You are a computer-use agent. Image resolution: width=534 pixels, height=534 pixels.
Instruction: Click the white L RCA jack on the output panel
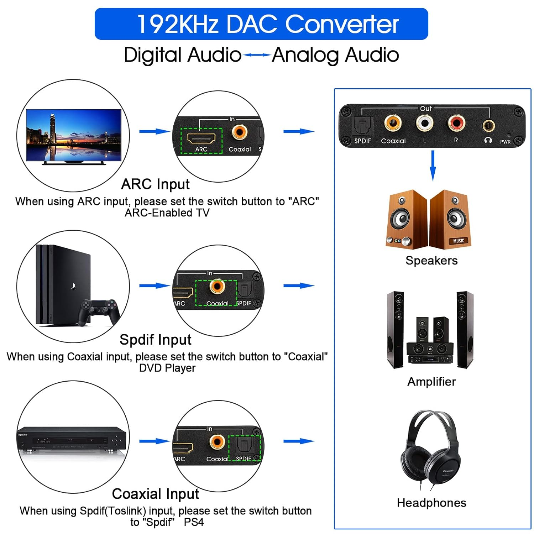424,124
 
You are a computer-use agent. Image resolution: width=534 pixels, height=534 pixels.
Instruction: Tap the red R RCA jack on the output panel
456,123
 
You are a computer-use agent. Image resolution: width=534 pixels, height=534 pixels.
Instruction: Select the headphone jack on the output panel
488,125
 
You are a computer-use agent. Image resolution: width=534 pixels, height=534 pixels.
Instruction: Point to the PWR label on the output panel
505,142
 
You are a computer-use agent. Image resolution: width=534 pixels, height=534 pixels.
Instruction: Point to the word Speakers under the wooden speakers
431,261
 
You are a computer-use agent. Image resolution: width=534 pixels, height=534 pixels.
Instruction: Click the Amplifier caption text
431,382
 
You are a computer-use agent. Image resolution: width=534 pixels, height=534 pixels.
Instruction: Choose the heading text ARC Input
155,184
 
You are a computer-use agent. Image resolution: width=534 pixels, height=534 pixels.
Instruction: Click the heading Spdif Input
155,340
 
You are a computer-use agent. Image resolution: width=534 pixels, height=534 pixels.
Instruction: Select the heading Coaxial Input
155,494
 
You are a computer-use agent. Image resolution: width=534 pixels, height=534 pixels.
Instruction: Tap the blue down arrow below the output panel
433,166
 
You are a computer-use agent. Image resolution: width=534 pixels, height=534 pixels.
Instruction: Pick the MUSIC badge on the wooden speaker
459,241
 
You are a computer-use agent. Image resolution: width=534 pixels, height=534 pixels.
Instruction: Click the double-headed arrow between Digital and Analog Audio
257,55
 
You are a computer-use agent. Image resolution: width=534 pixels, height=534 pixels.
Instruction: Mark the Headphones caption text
431,503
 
